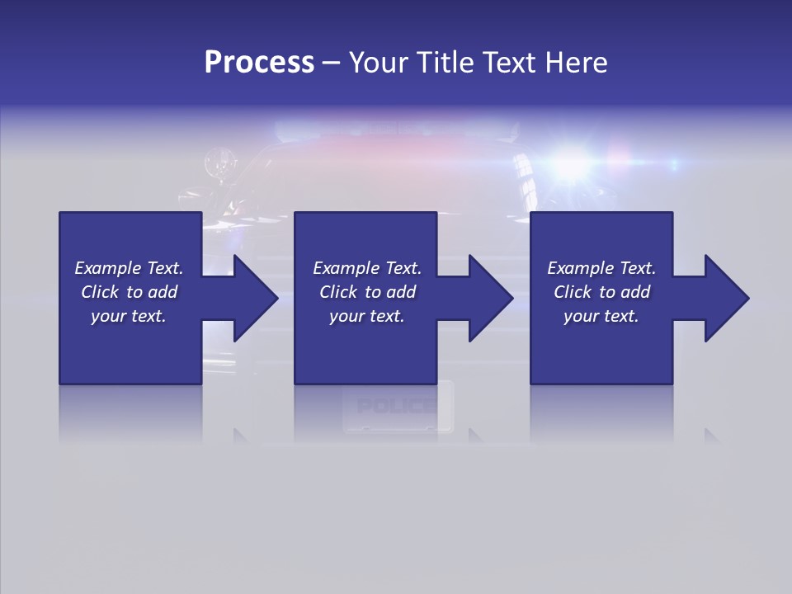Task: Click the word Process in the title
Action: [x=259, y=63]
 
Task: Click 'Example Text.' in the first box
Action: [x=129, y=268]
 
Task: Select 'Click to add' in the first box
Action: [x=130, y=292]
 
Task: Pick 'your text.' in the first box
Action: [x=129, y=316]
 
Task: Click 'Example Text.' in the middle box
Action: [x=367, y=268]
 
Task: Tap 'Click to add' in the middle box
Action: [x=368, y=292]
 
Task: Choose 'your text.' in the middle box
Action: [x=366, y=316]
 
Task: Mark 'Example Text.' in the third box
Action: [x=601, y=268]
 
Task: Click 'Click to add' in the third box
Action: [x=602, y=292]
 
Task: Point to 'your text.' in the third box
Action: [x=601, y=316]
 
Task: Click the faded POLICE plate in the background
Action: [x=397, y=406]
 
